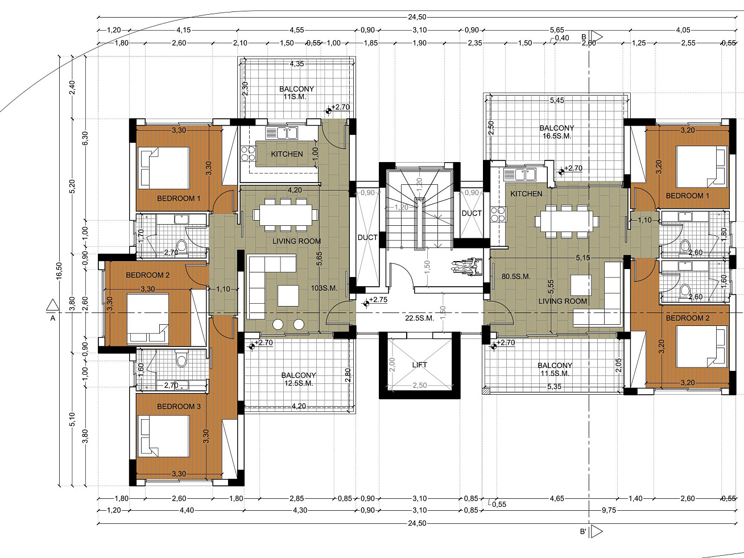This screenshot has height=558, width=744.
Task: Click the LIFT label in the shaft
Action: click(419, 365)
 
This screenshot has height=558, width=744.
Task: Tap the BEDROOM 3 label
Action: click(179, 406)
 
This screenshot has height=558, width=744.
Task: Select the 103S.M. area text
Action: click(324, 288)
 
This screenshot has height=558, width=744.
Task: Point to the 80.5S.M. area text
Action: click(516, 276)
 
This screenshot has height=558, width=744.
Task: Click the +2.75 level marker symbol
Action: click(366, 304)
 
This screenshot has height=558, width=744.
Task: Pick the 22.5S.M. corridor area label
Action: click(419, 318)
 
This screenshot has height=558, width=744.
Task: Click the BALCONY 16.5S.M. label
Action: click(556, 132)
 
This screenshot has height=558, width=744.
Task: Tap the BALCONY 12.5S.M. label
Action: click(298, 379)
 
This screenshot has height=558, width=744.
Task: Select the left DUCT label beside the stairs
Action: click(367, 238)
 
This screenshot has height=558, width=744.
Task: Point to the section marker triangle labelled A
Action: click(52, 305)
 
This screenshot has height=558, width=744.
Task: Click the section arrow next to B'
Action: click(597, 532)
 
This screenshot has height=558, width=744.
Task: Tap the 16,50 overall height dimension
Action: click(59, 271)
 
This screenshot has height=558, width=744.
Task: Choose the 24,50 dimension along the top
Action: click(417, 17)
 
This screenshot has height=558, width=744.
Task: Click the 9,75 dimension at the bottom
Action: click(609, 510)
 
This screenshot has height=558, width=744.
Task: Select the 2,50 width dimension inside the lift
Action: click(420, 385)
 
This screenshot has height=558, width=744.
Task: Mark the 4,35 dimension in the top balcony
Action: click(296, 64)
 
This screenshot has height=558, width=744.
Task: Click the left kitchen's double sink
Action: click(282, 133)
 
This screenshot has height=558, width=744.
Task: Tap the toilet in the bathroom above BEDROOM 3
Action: click(181, 359)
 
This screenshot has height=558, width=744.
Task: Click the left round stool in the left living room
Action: click(278, 324)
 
